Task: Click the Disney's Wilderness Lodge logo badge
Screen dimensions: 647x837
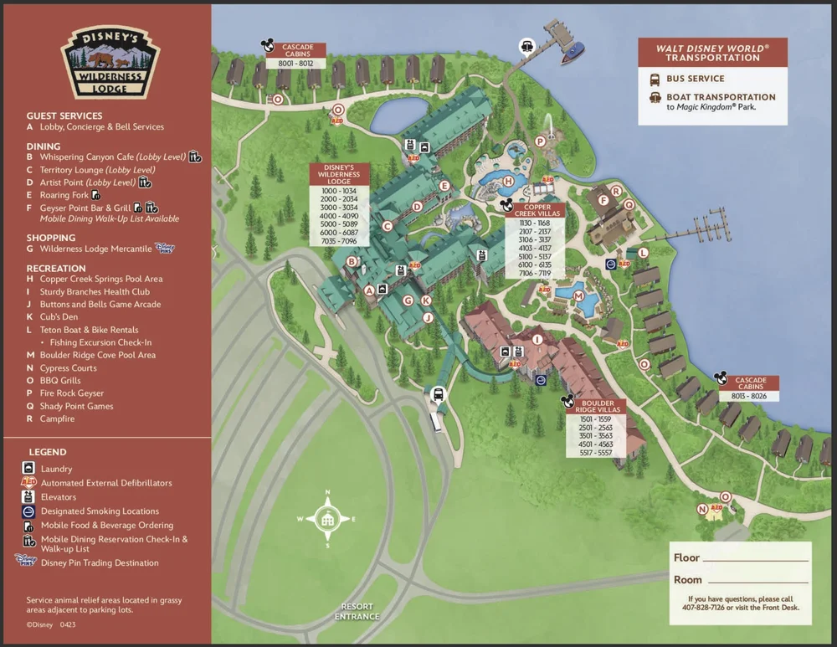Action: pos(110,60)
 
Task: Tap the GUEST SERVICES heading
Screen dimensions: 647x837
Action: pos(64,116)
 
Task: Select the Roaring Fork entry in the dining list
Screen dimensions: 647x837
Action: pos(64,195)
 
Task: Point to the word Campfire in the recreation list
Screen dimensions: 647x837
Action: pos(57,418)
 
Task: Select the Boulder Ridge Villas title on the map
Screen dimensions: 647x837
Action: pos(598,406)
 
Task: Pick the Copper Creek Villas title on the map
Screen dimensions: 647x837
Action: pos(534,209)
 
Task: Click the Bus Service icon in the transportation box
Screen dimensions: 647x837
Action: pos(654,79)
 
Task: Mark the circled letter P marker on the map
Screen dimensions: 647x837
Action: pos(540,141)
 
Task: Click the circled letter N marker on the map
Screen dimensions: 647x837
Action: pos(701,509)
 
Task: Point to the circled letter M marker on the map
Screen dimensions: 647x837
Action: pos(578,296)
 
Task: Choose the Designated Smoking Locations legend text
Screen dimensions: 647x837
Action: pos(100,511)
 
